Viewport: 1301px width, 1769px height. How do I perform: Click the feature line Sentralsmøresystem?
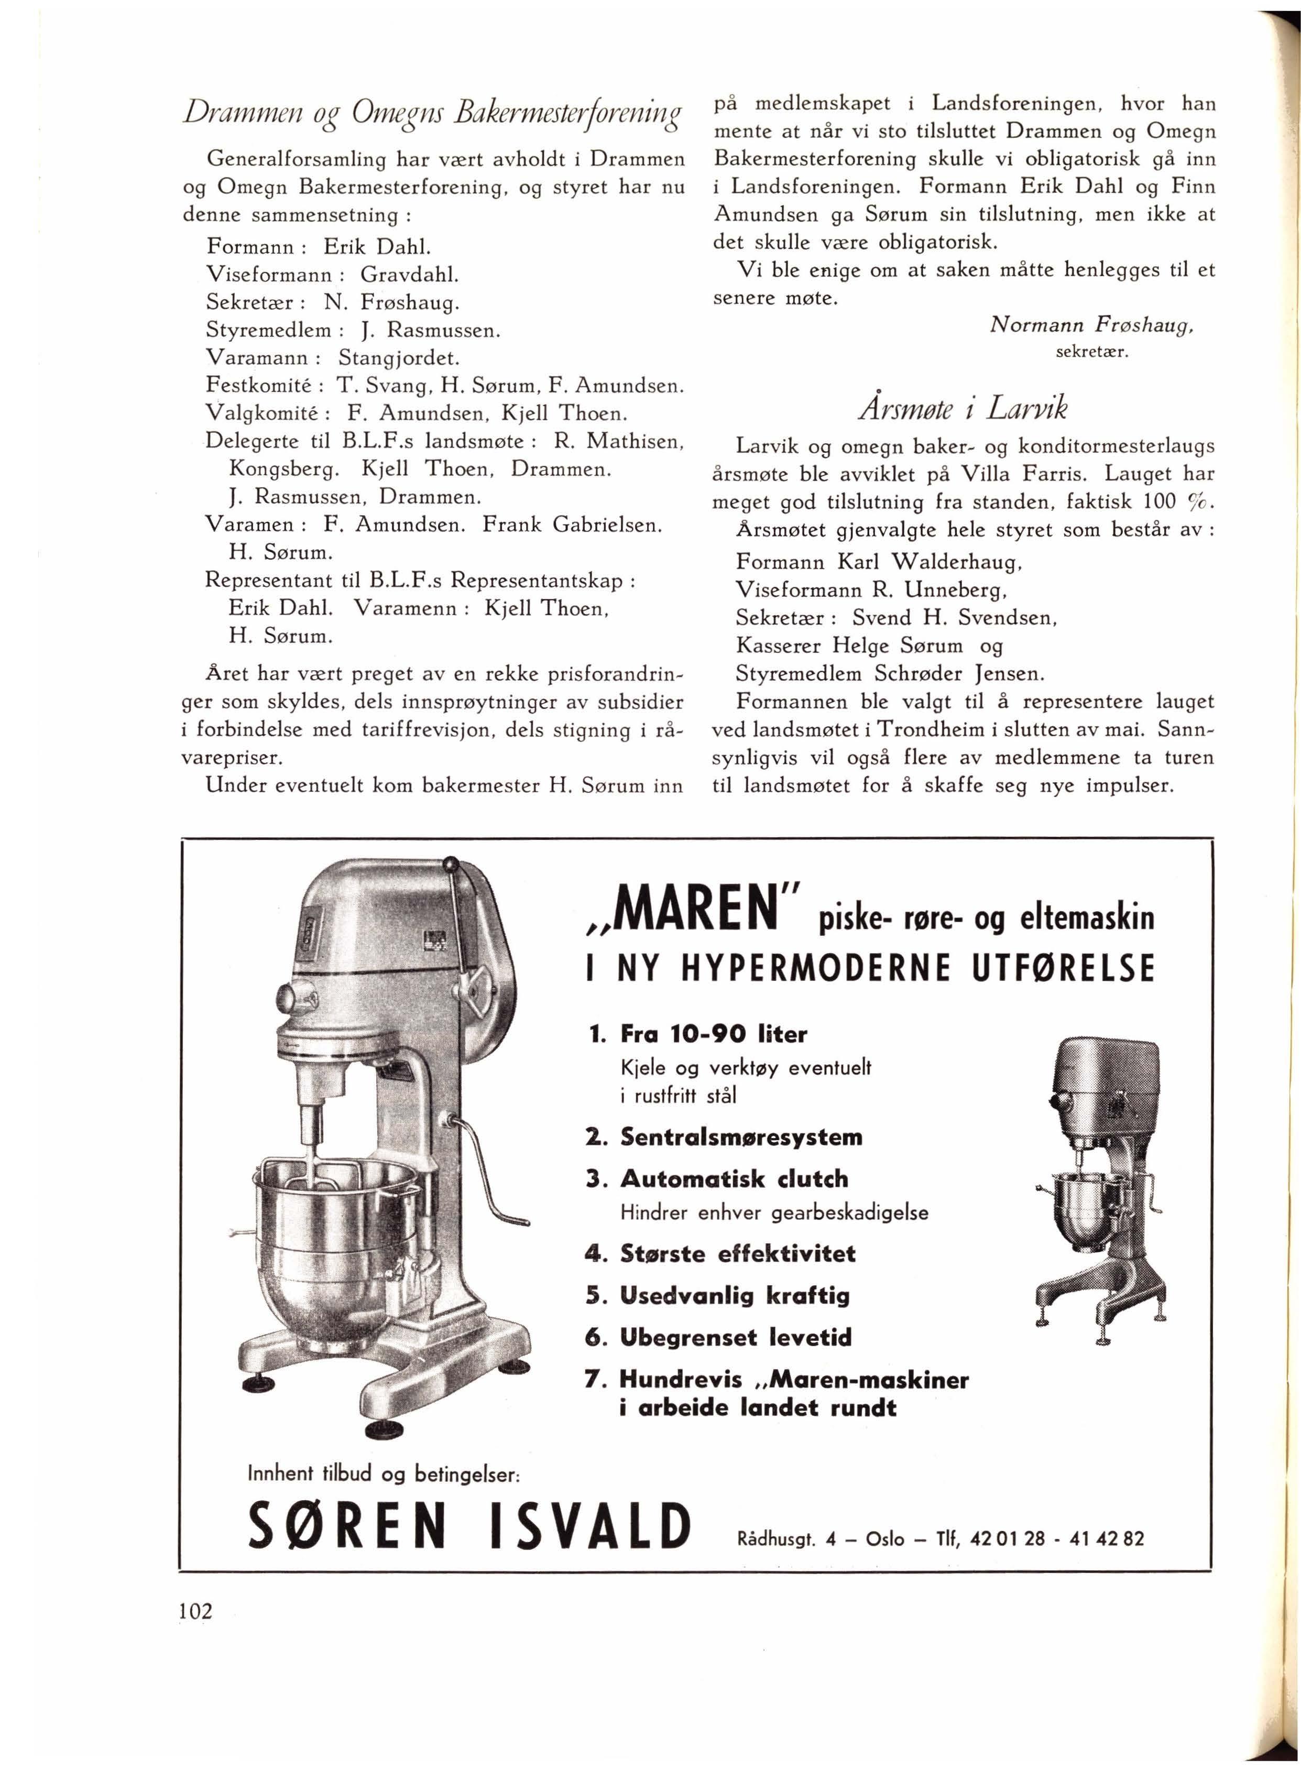click(x=740, y=1137)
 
